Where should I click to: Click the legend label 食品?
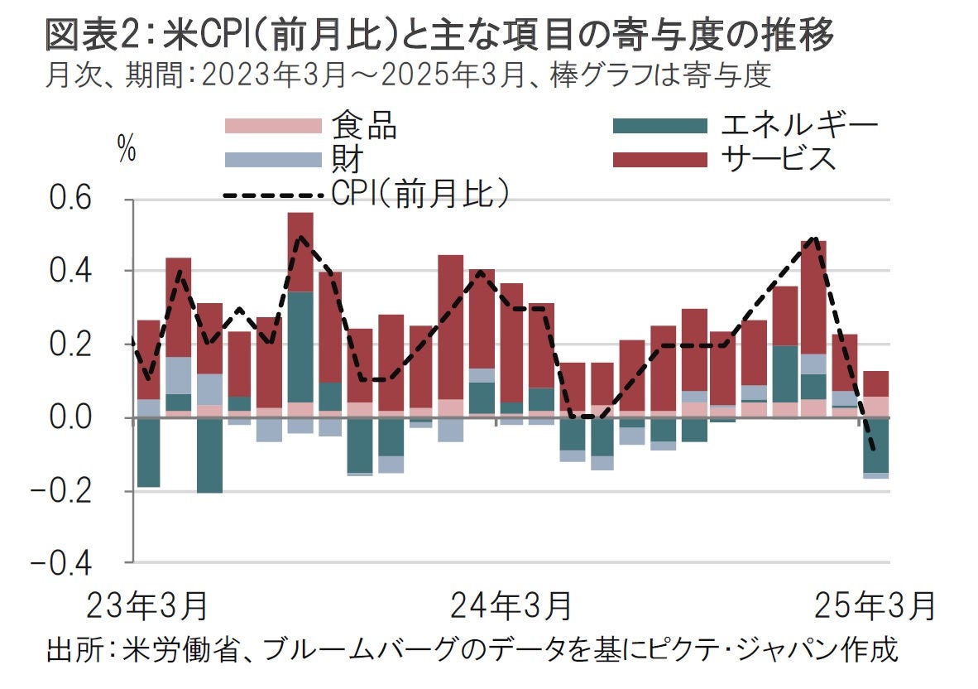pyautogui.click(x=364, y=125)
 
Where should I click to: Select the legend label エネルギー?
pyautogui.click(x=798, y=125)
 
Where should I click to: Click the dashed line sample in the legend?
pyautogui.click(x=273, y=195)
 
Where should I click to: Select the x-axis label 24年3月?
pyautogui.click(x=511, y=606)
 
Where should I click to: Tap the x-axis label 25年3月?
pyautogui.click(x=875, y=606)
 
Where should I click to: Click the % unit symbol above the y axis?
pyautogui.click(x=127, y=152)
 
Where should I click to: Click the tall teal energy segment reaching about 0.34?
pyautogui.click(x=300, y=347)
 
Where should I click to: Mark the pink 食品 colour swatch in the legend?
pyautogui.click(x=273, y=125)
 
